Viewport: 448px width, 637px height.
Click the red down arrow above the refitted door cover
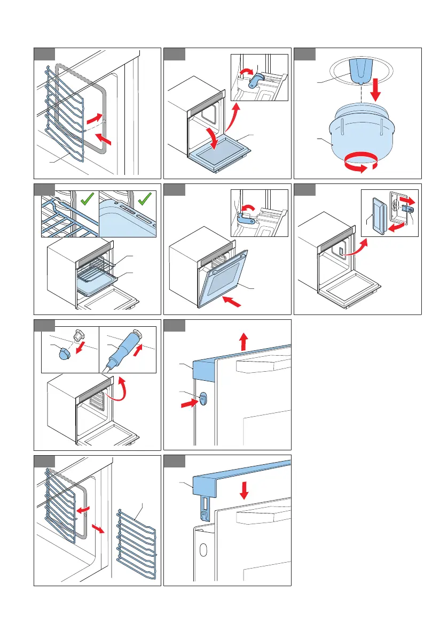click(244, 489)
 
